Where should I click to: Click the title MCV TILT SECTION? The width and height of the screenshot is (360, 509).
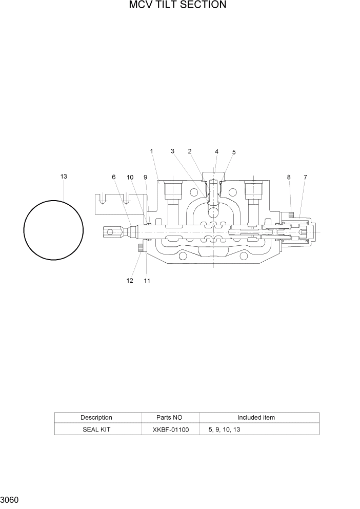(x=177, y=6)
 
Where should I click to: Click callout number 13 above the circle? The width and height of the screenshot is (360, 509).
(x=64, y=177)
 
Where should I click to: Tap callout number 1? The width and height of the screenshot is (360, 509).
(x=152, y=151)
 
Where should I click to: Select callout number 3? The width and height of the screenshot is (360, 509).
(x=173, y=151)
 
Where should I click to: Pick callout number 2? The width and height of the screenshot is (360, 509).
(x=190, y=151)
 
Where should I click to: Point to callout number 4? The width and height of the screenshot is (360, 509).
(x=216, y=151)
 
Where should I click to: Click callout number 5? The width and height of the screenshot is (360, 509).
(x=234, y=152)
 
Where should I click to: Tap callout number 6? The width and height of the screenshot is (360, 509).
(x=114, y=177)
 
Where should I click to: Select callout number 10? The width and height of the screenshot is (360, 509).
(x=130, y=177)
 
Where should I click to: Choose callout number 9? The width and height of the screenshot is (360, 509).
(x=145, y=177)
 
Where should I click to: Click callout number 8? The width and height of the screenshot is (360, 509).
(x=289, y=177)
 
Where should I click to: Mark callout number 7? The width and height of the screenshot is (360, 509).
(x=305, y=177)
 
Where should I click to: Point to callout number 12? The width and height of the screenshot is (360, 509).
(x=130, y=281)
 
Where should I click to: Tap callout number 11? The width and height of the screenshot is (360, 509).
(x=147, y=281)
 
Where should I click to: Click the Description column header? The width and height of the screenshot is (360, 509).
(x=96, y=417)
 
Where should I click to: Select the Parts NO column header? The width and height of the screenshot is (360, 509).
(x=169, y=417)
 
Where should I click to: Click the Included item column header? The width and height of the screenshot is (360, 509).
(x=256, y=417)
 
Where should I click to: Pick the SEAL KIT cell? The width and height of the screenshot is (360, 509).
(x=96, y=429)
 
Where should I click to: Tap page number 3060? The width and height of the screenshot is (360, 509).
(x=10, y=500)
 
